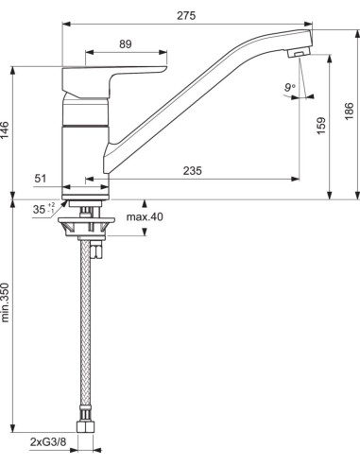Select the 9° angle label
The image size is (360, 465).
(287, 88)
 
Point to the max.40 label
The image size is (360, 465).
(144, 217)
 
